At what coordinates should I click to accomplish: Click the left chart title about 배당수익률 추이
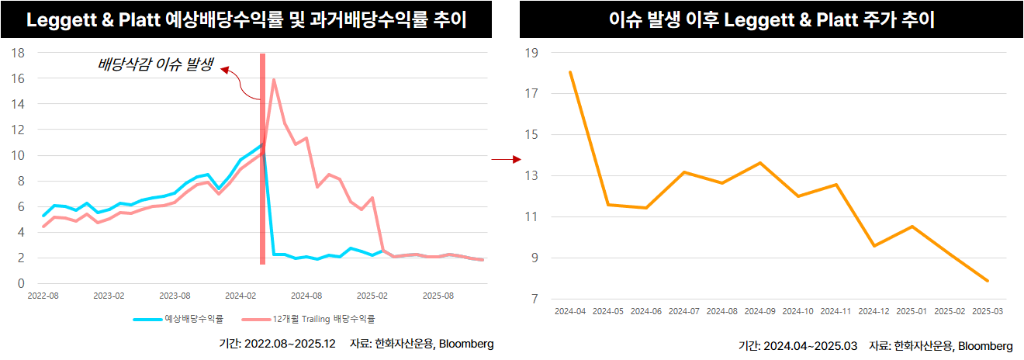pos(246,20)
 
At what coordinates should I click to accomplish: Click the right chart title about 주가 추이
pos(771,20)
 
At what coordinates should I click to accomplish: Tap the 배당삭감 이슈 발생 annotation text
pos(155,64)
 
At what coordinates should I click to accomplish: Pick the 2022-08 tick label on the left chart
pos(43,296)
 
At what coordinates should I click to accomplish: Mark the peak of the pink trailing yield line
pos(274,79)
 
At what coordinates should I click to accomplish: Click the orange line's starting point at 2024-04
pos(570,72)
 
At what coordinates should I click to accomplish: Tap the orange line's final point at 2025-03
pos(988,281)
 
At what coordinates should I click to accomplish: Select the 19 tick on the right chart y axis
pos(533,53)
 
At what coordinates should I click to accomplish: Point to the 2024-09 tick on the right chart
pos(759,312)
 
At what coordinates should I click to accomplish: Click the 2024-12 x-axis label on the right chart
pos(874,312)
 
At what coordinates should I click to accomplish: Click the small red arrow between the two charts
pos(505,160)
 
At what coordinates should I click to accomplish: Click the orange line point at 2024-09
pos(759,163)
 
